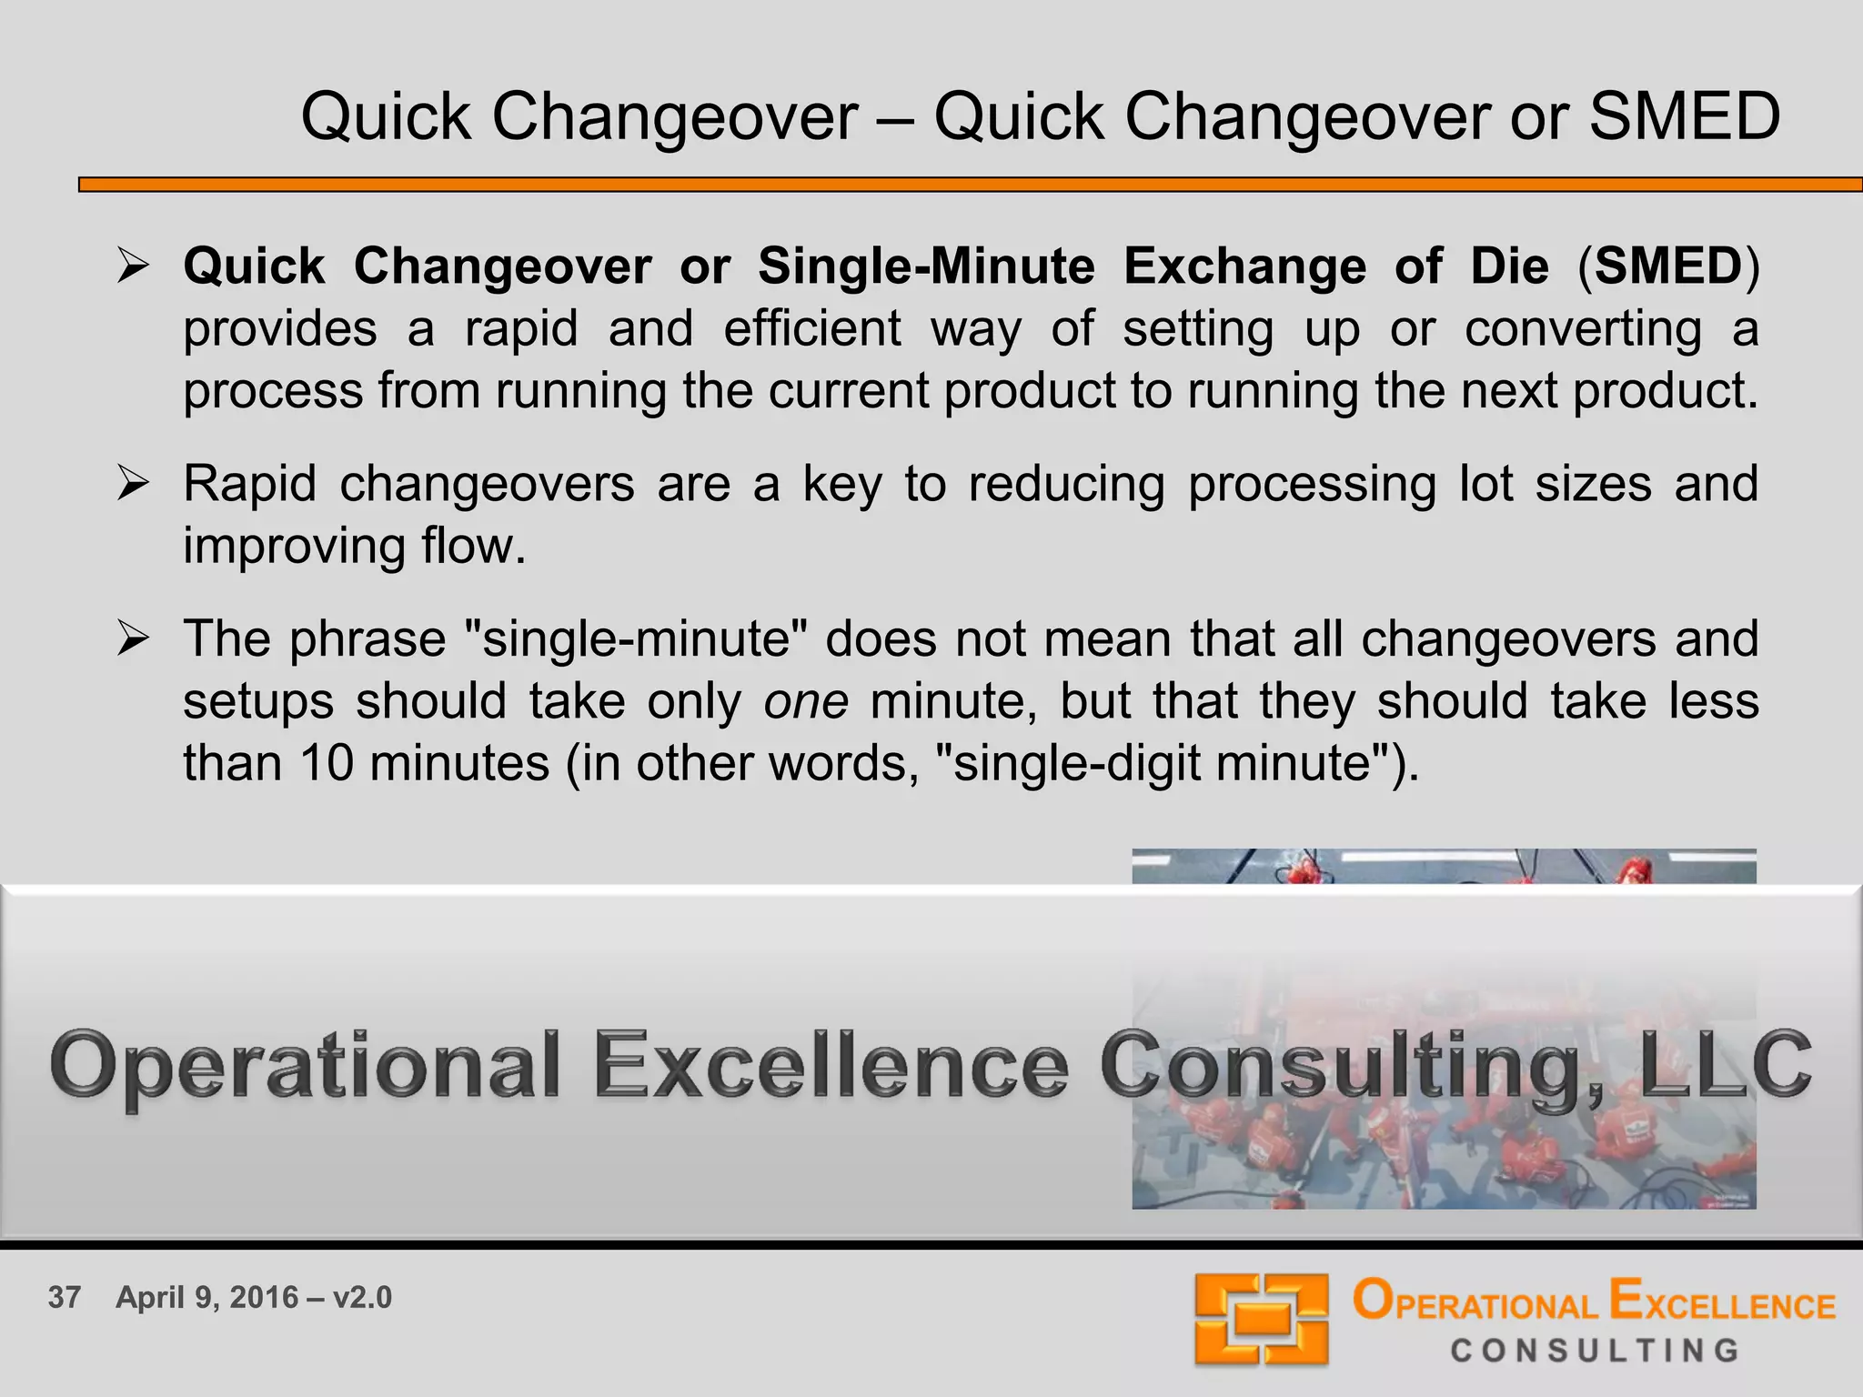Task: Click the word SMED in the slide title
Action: tap(1684, 117)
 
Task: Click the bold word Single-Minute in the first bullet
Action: tap(926, 266)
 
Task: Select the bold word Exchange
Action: tap(1244, 266)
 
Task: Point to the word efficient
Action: tap(812, 328)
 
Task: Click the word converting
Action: tap(1583, 328)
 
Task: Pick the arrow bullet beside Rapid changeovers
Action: tap(133, 483)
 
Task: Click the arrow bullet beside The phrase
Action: tap(133, 638)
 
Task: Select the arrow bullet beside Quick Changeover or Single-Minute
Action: tap(133, 266)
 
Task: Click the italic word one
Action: tap(806, 701)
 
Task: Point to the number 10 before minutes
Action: tap(326, 763)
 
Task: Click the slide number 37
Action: tap(65, 1297)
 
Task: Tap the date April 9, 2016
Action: tap(207, 1297)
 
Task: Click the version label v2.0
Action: tap(362, 1297)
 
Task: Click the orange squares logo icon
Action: tap(1262, 1319)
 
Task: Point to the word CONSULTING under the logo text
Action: tap(1595, 1351)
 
